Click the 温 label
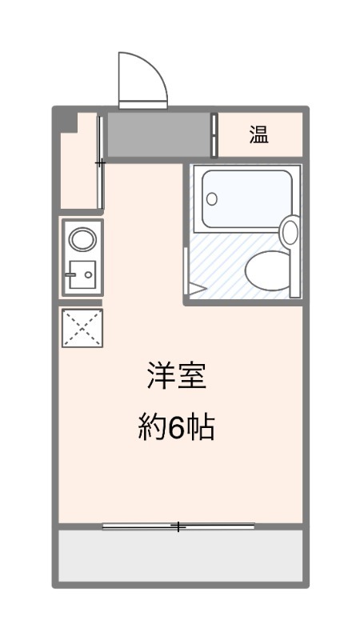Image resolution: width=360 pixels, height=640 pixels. [259, 134]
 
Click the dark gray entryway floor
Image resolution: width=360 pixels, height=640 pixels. [158, 134]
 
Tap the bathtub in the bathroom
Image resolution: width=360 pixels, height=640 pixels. [246, 198]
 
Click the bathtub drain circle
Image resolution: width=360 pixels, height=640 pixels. [212, 199]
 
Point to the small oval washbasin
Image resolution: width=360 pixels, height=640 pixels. [290, 230]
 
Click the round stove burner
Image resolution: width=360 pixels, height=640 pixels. [82, 239]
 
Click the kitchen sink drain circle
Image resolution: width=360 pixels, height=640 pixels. [88, 274]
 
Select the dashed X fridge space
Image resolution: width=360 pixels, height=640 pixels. [82, 328]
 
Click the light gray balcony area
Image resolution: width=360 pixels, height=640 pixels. [181, 555]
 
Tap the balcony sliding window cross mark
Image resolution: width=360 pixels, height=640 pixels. [178, 526]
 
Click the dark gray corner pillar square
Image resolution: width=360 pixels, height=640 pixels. [69, 122]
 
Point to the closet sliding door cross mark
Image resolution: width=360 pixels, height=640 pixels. [100, 163]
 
